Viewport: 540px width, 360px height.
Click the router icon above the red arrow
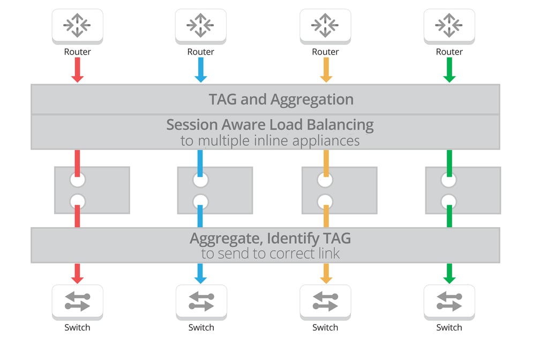77,25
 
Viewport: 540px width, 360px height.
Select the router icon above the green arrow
449,25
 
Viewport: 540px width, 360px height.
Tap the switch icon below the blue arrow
201,301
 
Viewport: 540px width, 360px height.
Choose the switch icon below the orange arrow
325,301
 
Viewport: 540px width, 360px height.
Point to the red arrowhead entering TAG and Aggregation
77,78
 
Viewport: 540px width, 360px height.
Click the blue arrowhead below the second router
201,78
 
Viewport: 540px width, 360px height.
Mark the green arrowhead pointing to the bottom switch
449,279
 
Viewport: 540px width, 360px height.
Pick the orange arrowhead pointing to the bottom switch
325,279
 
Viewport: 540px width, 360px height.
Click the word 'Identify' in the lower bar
297,238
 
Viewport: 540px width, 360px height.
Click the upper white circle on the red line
77,180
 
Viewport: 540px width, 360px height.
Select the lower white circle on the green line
449,201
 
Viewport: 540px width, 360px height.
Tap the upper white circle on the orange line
325,180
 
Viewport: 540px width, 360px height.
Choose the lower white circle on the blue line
201,201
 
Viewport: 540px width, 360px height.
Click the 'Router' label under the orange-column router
325,52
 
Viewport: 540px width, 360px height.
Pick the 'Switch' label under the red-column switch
77,327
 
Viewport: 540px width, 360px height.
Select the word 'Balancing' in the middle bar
340,125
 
